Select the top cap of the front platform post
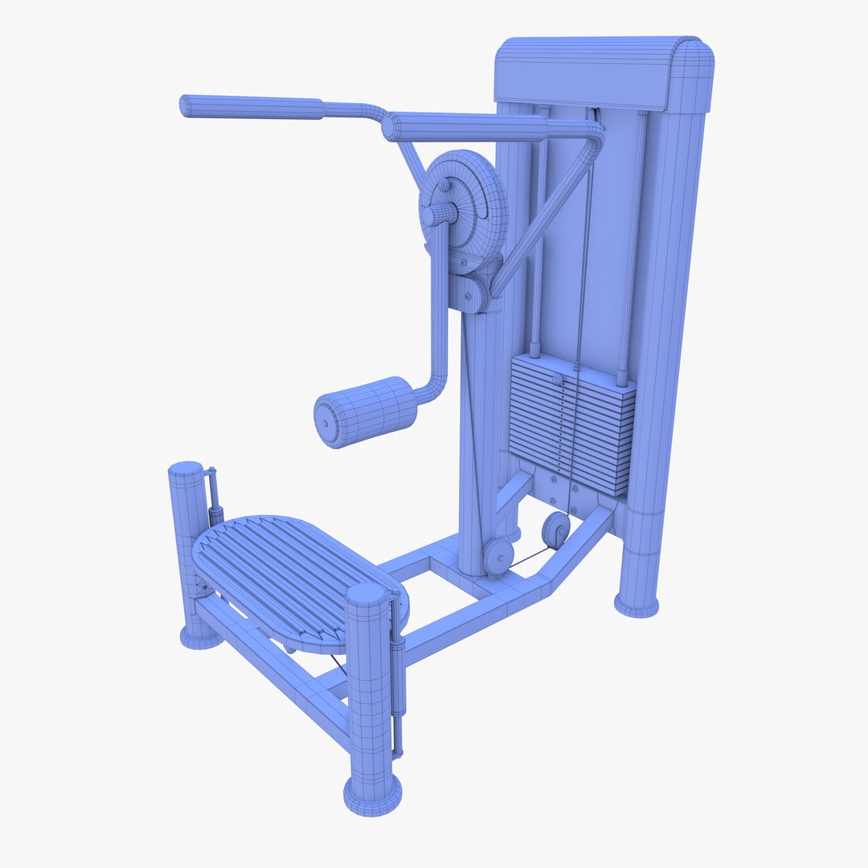[366, 596]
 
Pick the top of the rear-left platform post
[186, 469]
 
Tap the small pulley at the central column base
[497, 555]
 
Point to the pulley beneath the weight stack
[555, 530]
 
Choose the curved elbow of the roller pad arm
[434, 386]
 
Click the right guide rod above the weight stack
[633, 241]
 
